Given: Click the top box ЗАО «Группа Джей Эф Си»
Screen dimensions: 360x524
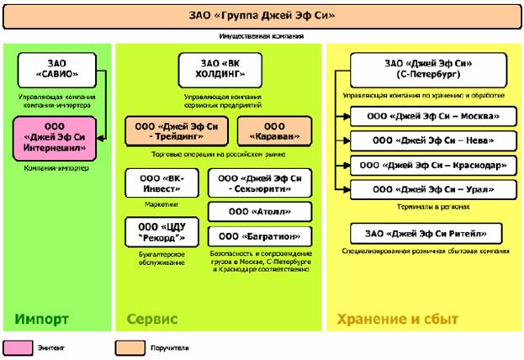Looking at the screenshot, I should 262,15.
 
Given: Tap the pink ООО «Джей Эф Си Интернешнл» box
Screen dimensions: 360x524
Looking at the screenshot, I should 56,137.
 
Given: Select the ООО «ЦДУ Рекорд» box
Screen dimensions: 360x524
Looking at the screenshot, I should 159,232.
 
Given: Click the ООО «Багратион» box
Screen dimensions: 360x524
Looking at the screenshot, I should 259,237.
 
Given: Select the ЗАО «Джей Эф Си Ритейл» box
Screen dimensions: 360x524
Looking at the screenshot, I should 427,233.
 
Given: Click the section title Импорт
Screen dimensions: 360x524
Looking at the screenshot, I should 42,320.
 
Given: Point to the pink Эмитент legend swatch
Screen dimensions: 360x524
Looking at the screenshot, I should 23,345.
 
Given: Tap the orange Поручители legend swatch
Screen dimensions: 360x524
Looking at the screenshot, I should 133,345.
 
